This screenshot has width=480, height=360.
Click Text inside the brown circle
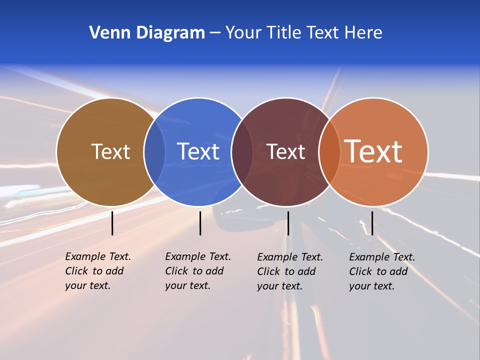pyautogui.click(x=110, y=151)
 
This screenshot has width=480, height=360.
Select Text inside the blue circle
pyautogui.click(x=198, y=151)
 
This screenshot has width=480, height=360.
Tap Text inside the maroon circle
pyautogui.click(x=285, y=151)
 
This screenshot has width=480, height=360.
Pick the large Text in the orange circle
pyautogui.click(x=373, y=151)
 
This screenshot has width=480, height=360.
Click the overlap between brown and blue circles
pyautogui.click(x=154, y=151)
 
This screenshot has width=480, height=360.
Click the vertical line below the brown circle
pyautogui.click(x=112, y=223)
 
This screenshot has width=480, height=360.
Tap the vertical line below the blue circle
pyautogui.click(x=200, y=223)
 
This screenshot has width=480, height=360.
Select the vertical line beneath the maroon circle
pyautogui.click(x=288, y=223)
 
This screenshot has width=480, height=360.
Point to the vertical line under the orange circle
pyautogui.click(x=372, y=223)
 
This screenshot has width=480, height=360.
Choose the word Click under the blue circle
pyautogui.click(x=176, y=271)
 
